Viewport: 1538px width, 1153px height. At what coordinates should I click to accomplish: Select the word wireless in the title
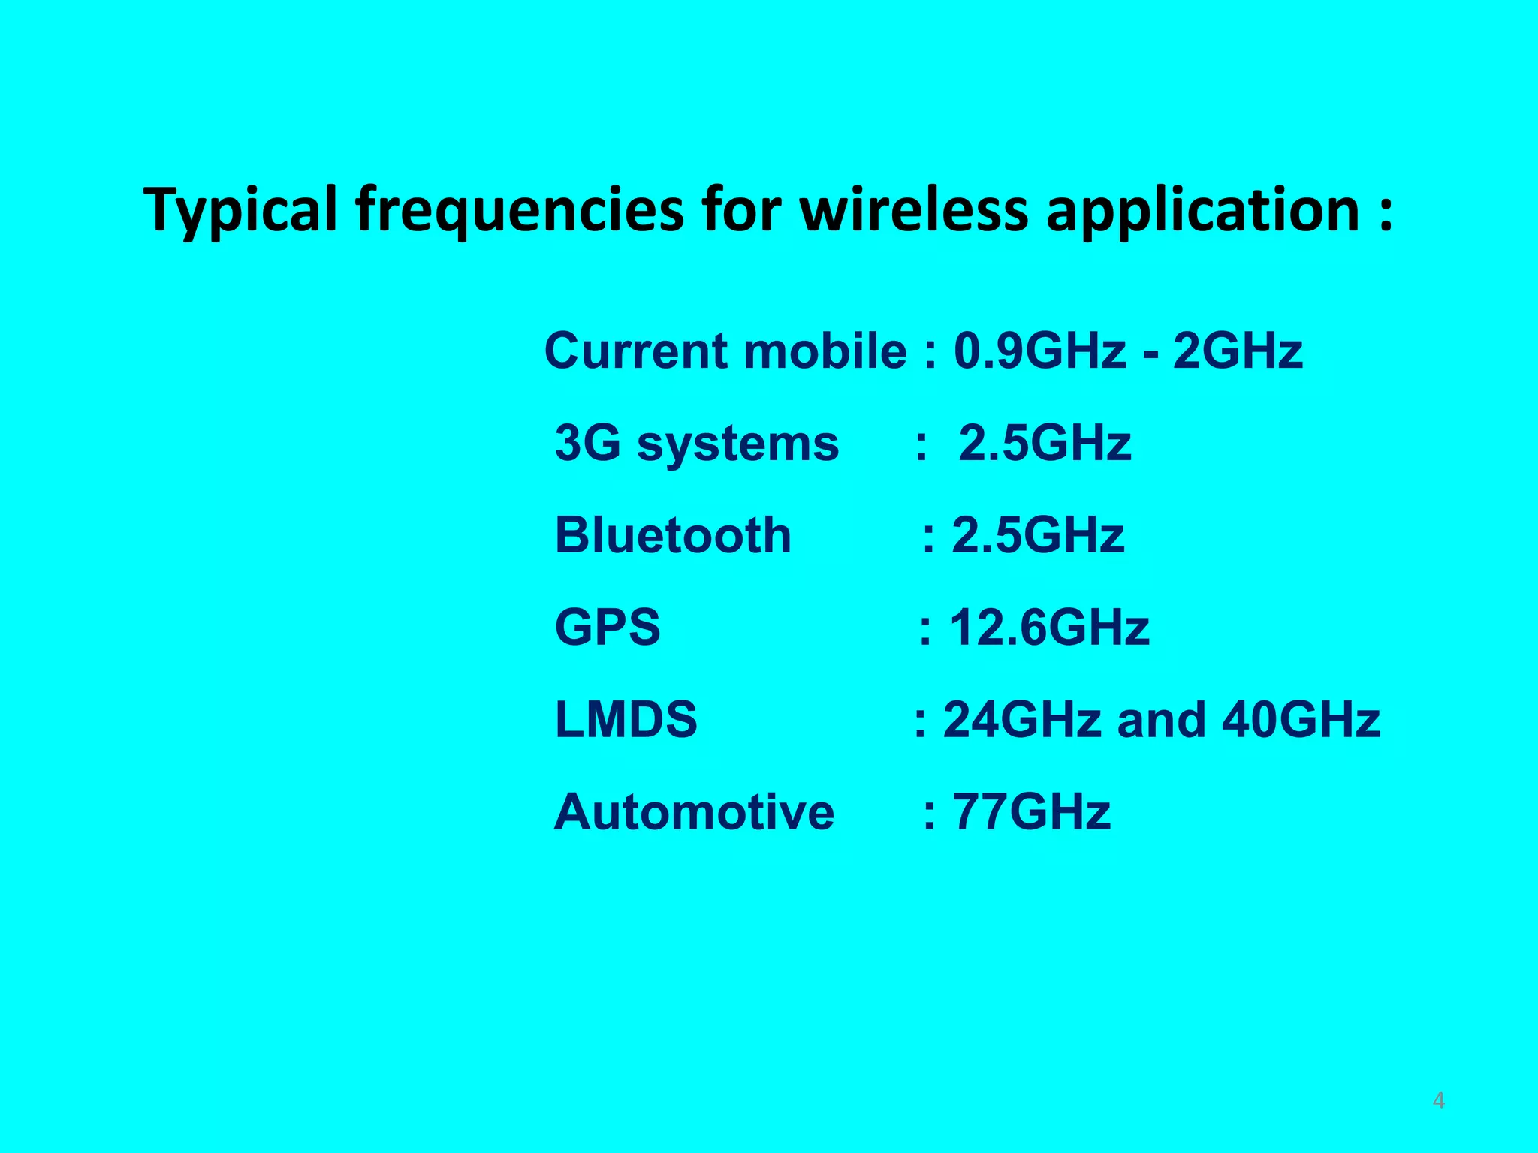(x=913, y=209)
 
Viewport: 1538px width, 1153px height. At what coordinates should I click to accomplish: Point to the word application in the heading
(x=1202, y=211)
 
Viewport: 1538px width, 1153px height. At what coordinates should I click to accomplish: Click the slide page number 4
(x=1438, y=1100)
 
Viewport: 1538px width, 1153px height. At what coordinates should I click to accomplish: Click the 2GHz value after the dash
(x=1238, y=351)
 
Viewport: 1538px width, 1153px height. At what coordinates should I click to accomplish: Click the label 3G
(x=587, y=443)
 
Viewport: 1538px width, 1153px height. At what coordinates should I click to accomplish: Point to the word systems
(x=737, y=444)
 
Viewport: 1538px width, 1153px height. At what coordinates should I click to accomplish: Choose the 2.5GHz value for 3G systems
(x=1045, y=443)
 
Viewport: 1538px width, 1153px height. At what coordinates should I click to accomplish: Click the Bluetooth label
(x=673, y=535)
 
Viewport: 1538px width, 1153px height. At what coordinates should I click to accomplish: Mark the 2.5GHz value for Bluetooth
(x=1038, y=535)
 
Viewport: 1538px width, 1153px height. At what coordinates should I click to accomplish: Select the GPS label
(x=608, y=627)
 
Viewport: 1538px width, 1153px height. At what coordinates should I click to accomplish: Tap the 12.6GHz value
(x=1049, y=627)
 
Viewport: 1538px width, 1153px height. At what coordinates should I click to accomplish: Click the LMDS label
(x=626, y=719)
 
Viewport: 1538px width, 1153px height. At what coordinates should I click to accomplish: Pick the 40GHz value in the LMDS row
(x=1301, y=719)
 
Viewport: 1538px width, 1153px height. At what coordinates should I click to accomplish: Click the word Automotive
(x=694, y=811)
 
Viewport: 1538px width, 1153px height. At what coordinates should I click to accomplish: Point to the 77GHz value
(x=1031, y=811)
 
